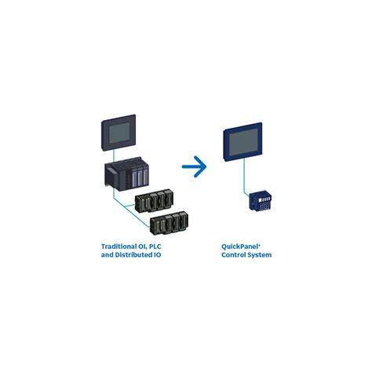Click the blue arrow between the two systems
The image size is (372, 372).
click(194, 166)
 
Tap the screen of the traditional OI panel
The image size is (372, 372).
click(119, 133)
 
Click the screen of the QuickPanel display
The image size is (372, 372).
click(243, 142)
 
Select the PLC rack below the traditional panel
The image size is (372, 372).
click(126, 173)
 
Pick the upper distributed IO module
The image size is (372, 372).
click(155, 200)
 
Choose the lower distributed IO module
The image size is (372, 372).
click(170, 223)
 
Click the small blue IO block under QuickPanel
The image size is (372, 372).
click(260, 200)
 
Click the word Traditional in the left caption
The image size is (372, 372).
click(119, 246)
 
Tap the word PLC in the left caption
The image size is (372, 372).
click(155, 246)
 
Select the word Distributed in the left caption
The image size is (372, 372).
click(133, 255)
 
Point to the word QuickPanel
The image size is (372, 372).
click(240, 246)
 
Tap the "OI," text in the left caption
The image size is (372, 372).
click(143, 246)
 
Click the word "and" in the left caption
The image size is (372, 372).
click(108, 255)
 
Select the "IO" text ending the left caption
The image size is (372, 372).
click(157, 255)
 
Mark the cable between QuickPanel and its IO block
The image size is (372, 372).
click(245, 177)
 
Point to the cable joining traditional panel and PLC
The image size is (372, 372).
click(113, 156)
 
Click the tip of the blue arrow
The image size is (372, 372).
click(206, 166)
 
